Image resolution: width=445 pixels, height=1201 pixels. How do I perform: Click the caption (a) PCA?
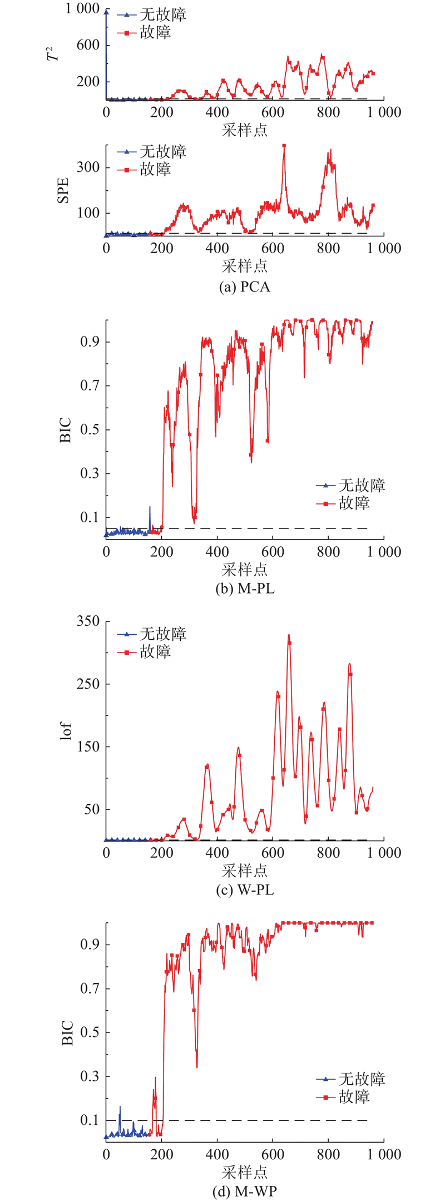[x=245, y=287]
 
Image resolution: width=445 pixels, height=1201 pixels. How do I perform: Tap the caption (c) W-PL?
[x=245, y=890]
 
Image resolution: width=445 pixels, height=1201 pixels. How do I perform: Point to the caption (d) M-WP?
[x=245, y=1191]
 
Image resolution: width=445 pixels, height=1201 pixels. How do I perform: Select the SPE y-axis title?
[x=63, y=190]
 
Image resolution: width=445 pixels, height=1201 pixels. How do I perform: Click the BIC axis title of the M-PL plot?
[x=66, y=429]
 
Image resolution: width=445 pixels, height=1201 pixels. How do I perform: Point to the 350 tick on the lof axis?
[x=88, y=621]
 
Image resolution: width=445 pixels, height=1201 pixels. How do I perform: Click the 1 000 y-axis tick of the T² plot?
[x=83, y=9]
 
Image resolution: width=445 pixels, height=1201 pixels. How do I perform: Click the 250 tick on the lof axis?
[x=88, y=684]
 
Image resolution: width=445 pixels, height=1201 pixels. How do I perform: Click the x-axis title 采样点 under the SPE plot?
[x=245, y=266]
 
